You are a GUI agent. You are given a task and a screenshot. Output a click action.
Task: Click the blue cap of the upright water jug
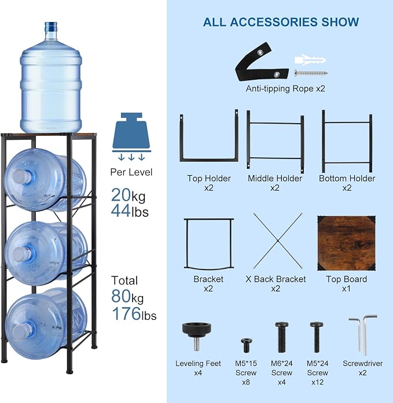point(51,27)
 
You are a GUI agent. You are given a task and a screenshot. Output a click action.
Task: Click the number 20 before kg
point(121,195)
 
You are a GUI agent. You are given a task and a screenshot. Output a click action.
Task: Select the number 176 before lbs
point(127,313)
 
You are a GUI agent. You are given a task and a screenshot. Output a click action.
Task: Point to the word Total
point(124,280)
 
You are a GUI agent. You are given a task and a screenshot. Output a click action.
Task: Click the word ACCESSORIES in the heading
point(274,22)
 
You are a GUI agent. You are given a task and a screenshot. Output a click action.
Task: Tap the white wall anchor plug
point(310,60)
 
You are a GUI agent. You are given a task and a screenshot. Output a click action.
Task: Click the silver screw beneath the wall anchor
point(311,73)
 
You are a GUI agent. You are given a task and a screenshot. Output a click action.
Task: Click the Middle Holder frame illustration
point(276,141)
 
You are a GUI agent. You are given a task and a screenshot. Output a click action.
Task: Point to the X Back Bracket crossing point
point(278,241)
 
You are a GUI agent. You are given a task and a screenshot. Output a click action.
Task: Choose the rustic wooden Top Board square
point(346,243)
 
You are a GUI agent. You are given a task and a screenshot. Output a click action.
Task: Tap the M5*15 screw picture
point(247,345)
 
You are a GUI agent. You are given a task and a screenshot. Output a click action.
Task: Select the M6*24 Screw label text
point(282,368)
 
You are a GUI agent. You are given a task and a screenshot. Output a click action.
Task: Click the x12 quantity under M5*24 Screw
point(317,382)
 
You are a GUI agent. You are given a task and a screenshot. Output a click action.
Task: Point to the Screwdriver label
point(363,364)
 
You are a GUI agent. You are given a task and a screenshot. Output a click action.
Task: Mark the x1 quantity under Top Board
point(346,289)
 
